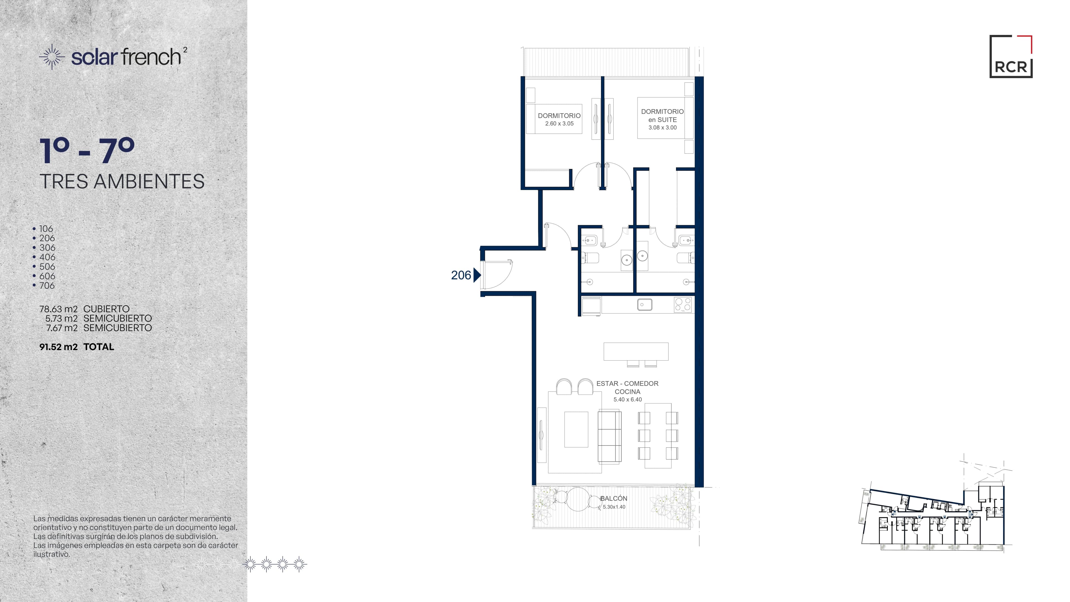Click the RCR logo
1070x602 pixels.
click(x=1011, y=57)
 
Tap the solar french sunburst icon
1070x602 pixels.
click(x=52, y=57)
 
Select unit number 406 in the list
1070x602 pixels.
click(x=47, y=257)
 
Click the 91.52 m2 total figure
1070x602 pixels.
click(x=59, y=347)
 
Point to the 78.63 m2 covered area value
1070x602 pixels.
click(x=59, y=309)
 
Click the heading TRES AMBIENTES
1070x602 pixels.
click(x=122, y=181)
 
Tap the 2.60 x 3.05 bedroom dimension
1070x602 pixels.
click(x=559, y=124)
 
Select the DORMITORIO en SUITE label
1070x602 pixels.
click(x=662, y=115)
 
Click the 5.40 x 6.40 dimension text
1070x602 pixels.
click(x=628, y=399)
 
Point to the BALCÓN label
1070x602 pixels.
click(x=614, y=499)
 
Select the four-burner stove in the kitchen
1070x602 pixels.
click(x=683, y=305)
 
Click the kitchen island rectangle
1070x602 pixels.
click(x=636, y=351)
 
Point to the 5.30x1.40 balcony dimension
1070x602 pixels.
click(x=614, y=507)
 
